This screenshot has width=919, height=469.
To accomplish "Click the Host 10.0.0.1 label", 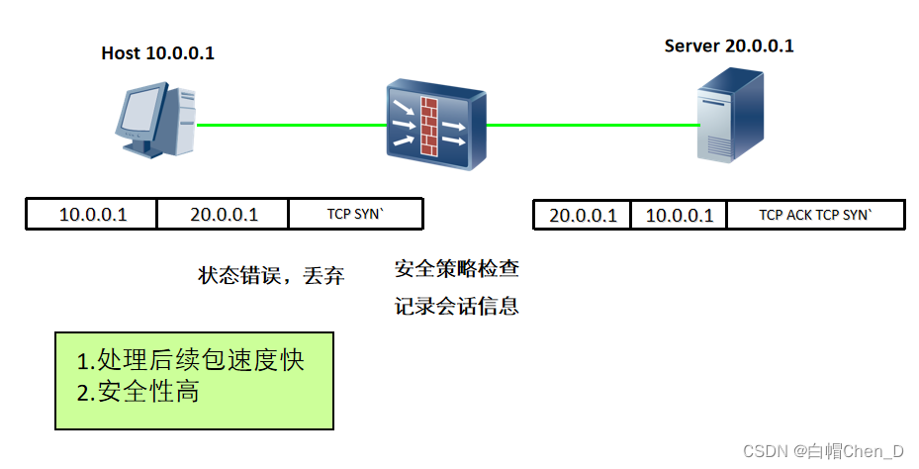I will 157,53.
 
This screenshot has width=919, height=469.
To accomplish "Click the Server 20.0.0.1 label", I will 729,46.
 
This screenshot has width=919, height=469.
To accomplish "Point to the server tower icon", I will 729,117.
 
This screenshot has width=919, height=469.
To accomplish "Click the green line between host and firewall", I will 292,126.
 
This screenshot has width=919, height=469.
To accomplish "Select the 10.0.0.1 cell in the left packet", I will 93,215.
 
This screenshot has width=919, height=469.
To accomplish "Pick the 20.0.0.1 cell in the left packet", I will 224,215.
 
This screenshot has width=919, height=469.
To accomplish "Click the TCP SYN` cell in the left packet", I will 356,215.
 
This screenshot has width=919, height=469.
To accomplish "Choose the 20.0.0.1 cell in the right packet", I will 583,216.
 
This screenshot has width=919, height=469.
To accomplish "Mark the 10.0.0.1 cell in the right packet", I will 680,216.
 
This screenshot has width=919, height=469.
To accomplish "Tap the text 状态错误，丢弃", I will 271,276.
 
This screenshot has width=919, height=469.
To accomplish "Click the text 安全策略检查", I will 456,268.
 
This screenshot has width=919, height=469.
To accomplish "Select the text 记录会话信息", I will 456,306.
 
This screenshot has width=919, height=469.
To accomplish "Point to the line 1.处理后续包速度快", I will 190,359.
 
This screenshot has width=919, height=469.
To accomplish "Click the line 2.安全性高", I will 138,392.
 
